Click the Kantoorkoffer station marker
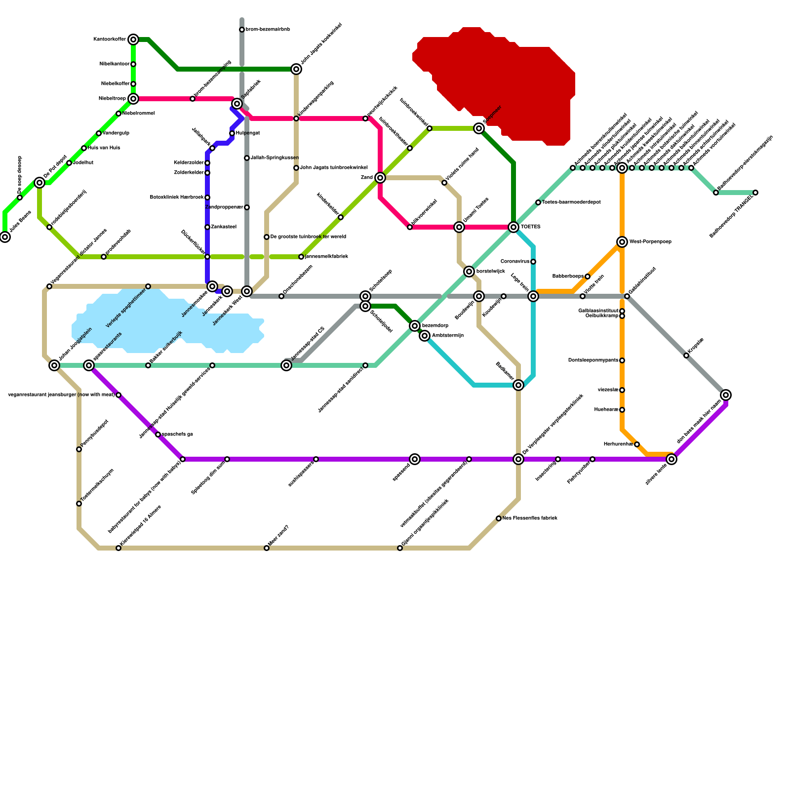pos(133,39)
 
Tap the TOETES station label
pos(530,227)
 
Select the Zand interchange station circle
pos(380,178)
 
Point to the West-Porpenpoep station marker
pos(622,242)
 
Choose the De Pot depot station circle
pos(39,183)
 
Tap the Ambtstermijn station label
pos(447,336)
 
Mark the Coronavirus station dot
pos(533,262)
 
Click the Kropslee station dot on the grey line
pos(686,355)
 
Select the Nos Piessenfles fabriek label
pos(530,518)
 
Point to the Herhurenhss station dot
pos(637,444)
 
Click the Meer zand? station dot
pos(267,548)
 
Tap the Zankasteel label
pos(224,227)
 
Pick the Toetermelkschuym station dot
pos(79,504)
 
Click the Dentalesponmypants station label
pos(593,360)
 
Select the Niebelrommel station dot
pos(118,114)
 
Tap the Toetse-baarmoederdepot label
pos(571,202)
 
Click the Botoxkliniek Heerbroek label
pos(177,197)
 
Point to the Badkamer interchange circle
pos(518,385)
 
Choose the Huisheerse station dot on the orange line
pos(622,410)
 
